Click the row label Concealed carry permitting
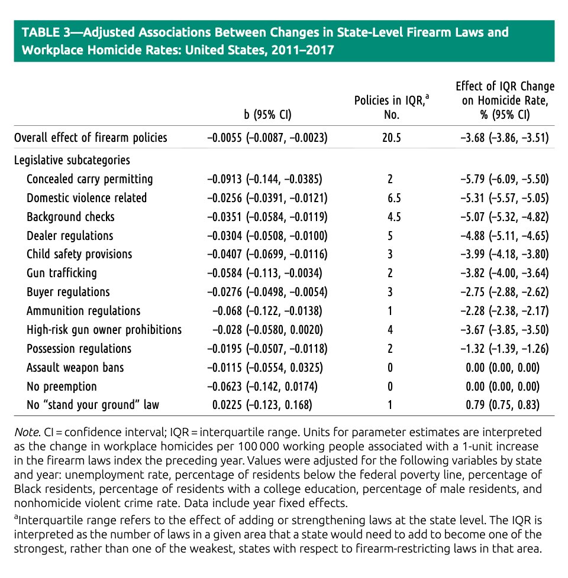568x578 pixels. click(x=89, y=179)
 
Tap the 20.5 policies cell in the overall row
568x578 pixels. click(x=391, y=138)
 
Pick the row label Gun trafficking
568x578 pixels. click(x=62, y=274)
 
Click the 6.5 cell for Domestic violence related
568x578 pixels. click(x=391, y=198)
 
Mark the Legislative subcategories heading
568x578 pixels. click(x=72, y=160)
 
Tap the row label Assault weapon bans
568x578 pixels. click(x=75, y=368)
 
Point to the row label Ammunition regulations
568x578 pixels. click(x=83, y=311)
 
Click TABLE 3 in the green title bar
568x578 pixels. click(x=45, y=33)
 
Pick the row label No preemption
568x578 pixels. click(x=62, y=387)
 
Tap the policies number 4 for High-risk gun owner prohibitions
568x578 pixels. click(x=391, y=330)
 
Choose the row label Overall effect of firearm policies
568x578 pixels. click(x=91, y=138)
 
